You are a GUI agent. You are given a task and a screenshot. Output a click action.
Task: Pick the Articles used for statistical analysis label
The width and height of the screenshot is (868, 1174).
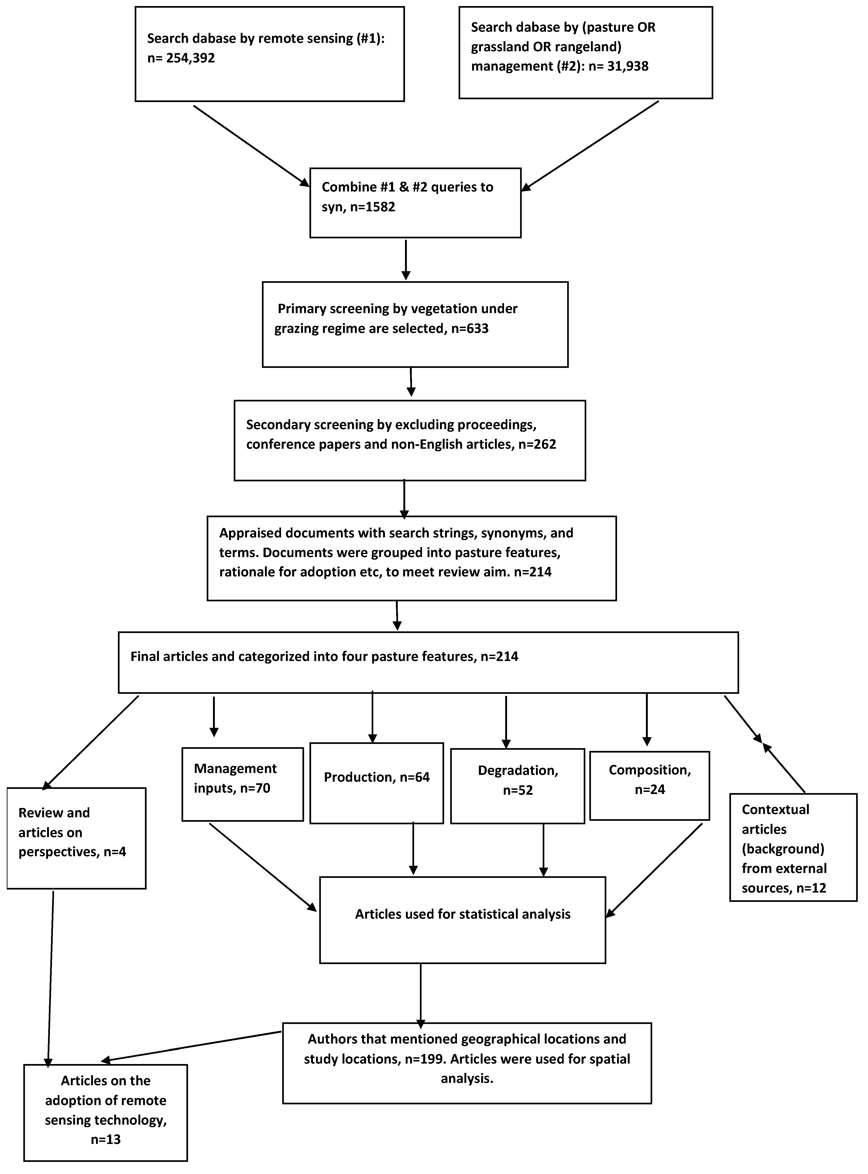tap(462, 914)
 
